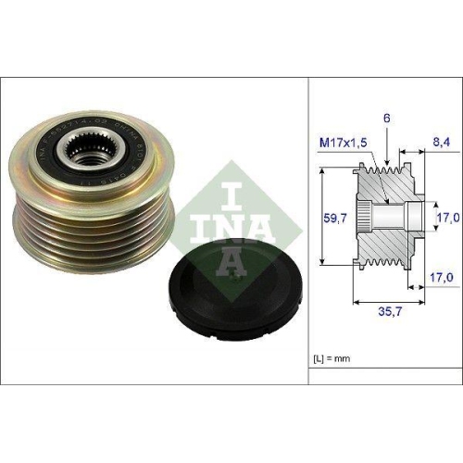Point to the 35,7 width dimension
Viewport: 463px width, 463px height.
tap(390, 313)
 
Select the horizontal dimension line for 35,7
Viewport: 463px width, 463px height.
tap(389, 301)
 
